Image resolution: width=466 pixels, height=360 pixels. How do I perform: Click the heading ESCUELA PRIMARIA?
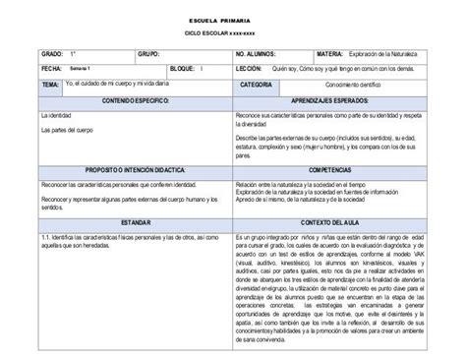(x=232, y=20)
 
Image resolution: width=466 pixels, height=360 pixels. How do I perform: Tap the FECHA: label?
(x=51, y=69)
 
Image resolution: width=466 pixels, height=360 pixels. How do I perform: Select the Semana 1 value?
(x=81, y=69)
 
